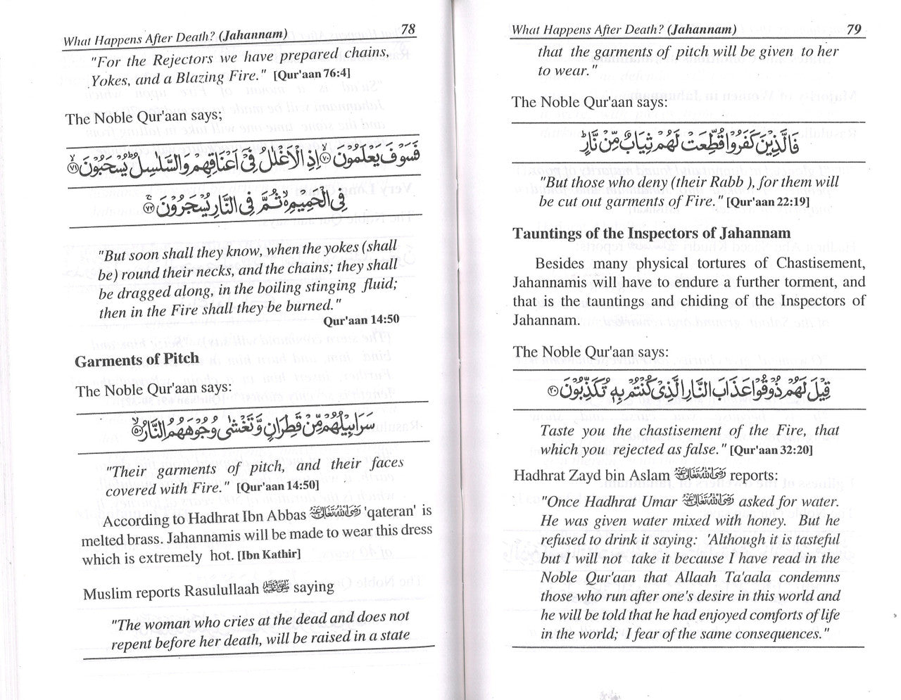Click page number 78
(x=408, y=30)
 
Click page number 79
(x=854, y=29)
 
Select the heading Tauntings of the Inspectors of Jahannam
(x=652, y=233)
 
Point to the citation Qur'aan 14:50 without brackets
(x=362, y=319)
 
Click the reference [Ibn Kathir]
(x=270, y=556)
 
